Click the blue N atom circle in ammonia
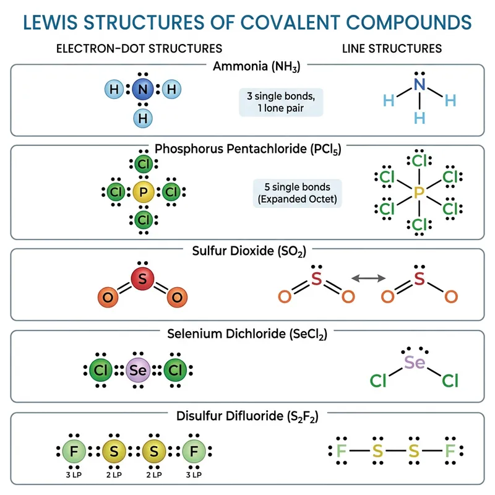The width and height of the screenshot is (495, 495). [143, 90]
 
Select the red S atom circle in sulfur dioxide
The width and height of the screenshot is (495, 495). [142, 279]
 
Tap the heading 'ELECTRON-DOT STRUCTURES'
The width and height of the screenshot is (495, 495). [139, 48]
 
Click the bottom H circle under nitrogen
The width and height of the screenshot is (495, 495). [144, 117]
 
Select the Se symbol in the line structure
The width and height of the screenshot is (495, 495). [415, 361]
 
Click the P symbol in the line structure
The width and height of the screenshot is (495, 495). [419, 193]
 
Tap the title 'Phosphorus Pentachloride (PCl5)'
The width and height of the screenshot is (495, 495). [247, 149]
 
